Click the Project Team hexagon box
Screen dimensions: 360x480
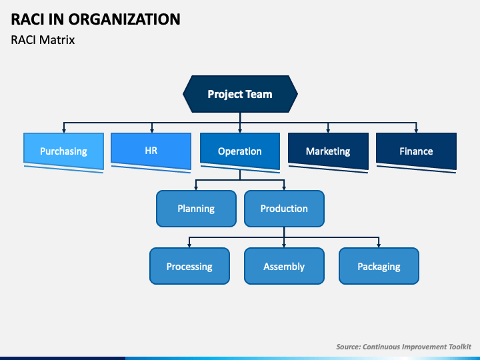pyautogui.click(x=240, y=94)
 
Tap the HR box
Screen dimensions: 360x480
pyautogui.click(x=151, y=150)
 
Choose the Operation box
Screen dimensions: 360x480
pyautogui.click(x=240, y=150)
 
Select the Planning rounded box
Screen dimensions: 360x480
pyautogui.click(x=196, y=208)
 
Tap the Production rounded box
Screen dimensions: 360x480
pyautogui.click(x=284, y=208)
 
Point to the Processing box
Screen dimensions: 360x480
pyautogui.click(x=189, y=266)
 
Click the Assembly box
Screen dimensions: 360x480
pyautogui.click(x=284, y=266)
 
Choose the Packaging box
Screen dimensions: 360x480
pyautogui.click(x=379, y=266)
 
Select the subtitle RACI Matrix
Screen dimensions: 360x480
pyautogui.click(x=43, y=40)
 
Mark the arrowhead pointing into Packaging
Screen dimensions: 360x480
pyautogui.click(x=379, y=245)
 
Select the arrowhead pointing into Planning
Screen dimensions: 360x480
pyautogui.click(x=196, y=187)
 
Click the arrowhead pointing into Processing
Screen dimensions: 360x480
pyautogui.click(x=189, y=245)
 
